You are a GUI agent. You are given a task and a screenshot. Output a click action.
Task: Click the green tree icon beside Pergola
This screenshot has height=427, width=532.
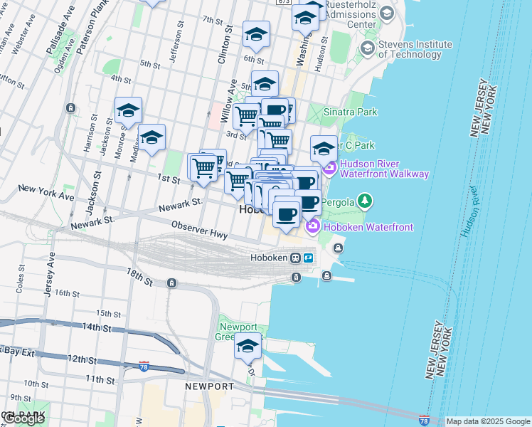coord(365,201)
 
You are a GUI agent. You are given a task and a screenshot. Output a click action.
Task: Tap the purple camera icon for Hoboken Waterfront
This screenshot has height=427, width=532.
coord(312,226)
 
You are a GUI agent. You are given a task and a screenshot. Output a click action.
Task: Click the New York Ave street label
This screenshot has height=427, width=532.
coord(46,191)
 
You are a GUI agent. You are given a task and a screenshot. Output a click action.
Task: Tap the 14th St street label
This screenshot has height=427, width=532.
coord(96,328)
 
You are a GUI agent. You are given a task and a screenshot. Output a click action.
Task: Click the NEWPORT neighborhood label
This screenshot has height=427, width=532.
coord(209,386)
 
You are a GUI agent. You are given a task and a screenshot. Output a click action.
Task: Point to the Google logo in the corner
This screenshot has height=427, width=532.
coord(24,418)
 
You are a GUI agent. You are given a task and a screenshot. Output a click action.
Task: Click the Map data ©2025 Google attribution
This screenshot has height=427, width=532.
coord(488,421)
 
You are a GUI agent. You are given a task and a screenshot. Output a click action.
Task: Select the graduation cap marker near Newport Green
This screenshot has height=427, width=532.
coord(248,347)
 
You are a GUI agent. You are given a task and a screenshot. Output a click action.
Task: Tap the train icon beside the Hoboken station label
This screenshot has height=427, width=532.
coord(295,258)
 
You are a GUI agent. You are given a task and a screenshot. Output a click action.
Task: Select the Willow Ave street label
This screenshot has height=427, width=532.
coord(228,100)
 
